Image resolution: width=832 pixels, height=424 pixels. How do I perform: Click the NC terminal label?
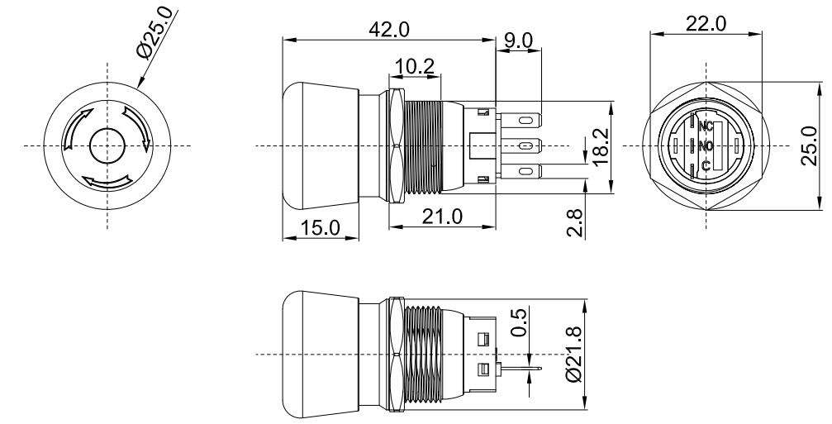[x=706, y=127]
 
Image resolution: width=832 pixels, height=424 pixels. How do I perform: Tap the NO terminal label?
[x=706, y=146]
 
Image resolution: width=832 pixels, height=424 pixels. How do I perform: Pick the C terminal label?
[x=706, y=166]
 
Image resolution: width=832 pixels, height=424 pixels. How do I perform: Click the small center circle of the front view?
[x=106, y=146]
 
